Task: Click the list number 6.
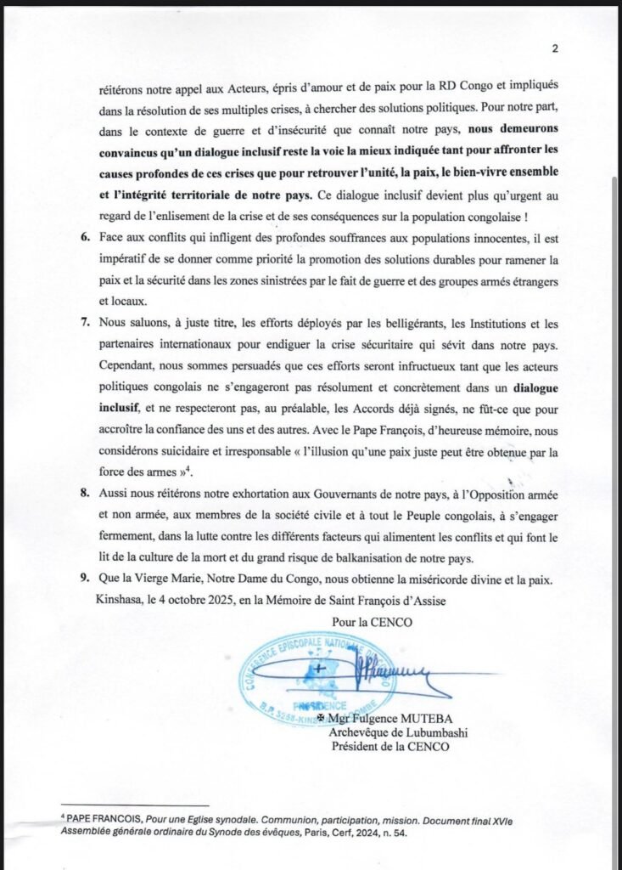point(87,235)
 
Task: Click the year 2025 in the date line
point(232,599)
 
